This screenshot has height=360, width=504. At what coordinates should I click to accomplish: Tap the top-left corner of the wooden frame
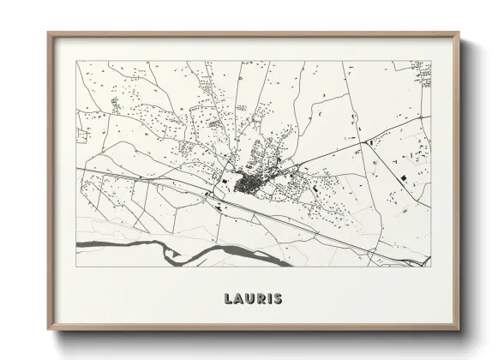pyautogui.click(x=48, y=33)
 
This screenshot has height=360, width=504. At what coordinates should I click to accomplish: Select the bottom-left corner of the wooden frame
pyautogui.click(x=48, y=330)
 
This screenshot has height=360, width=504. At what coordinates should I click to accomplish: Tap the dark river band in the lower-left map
pyautogui.click(x=120, y=246)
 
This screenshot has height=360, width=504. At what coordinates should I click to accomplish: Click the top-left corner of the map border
pyautogui.click(x=76, y=61)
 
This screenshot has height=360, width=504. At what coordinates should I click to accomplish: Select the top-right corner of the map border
pyautogui.click(x=431, y=61)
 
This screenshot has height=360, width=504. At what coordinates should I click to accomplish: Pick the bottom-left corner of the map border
pyautogui.click(x=76, y=267)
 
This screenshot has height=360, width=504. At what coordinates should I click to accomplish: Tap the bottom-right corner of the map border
pyautogui.click(x=431, y=267)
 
